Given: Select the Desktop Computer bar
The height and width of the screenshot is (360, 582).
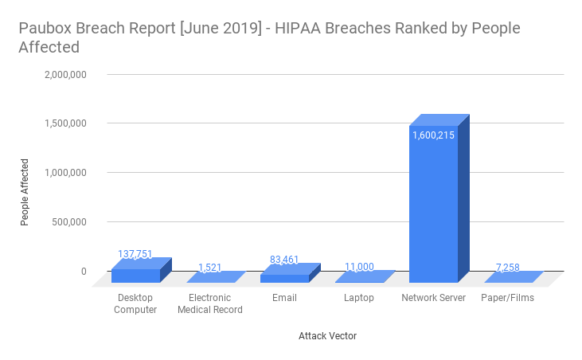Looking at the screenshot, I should (135, 275).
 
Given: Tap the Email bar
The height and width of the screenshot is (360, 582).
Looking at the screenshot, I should (284, 277).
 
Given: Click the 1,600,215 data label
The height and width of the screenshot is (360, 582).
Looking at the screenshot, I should (433, 135).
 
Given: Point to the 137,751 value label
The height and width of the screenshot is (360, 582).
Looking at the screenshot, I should (135, 255).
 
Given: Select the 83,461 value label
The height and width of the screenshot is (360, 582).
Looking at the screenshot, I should (284, 260).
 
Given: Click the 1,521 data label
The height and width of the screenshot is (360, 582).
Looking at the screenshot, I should (209, 268).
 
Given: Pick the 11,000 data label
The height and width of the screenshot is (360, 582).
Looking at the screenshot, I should (359, 268).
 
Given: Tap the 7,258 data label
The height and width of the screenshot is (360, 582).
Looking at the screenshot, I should (508, 268).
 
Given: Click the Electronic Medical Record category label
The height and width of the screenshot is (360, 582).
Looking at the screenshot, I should (209, 304).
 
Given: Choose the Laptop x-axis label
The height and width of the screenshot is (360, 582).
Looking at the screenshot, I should (359, 298).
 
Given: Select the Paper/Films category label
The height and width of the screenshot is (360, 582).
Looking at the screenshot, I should (508, 298).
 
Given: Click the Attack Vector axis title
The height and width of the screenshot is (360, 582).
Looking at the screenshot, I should (327, 336).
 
